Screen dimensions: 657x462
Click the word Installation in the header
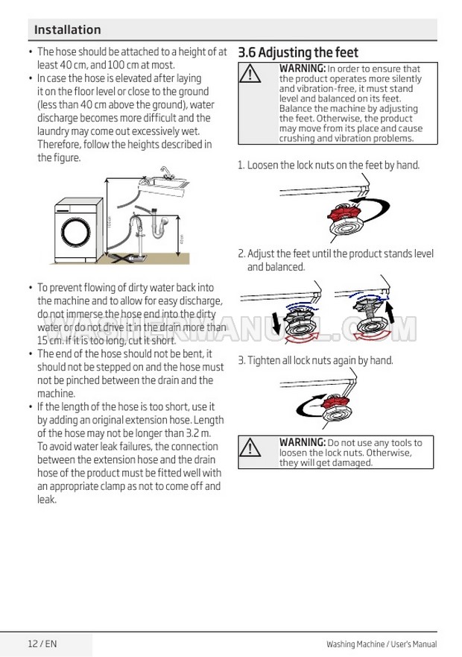pyautogui.click(x=67, y=30)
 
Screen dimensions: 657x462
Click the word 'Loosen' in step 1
pyautogui.click(x=263, y=165)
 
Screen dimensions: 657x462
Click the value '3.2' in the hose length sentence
pyautogui.click(x=194, y=433)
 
